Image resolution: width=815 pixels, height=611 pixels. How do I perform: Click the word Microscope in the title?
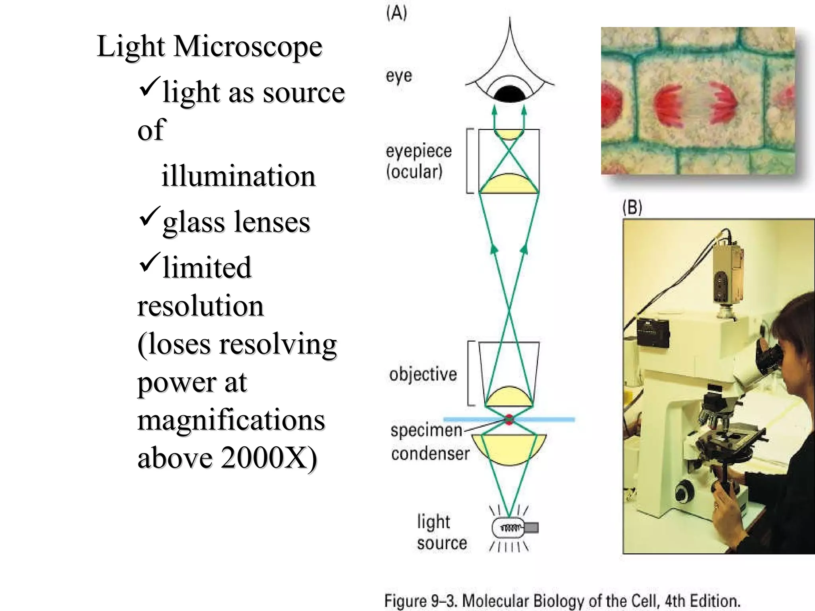tap(248, 47)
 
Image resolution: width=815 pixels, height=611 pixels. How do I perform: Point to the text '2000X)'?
tap(269, 457)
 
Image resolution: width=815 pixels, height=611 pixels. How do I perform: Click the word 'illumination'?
tap(238, 176)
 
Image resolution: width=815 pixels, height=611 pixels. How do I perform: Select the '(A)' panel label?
tap(396, 13)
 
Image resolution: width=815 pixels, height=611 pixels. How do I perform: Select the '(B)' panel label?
tap(632, 207)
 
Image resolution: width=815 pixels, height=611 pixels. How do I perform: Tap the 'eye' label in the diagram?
tap(399, 76)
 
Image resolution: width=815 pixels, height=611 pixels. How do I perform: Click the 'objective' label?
tap(423, 374)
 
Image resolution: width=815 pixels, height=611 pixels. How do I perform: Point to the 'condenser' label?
tap(430, 454)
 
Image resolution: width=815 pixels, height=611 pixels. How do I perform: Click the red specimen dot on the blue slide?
tap(509, 419)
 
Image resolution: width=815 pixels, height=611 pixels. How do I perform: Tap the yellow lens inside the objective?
tap(509, 397)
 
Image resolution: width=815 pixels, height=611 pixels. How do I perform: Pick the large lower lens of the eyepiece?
tap(509, 184)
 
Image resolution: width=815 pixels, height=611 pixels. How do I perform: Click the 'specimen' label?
tap(426, 430)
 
